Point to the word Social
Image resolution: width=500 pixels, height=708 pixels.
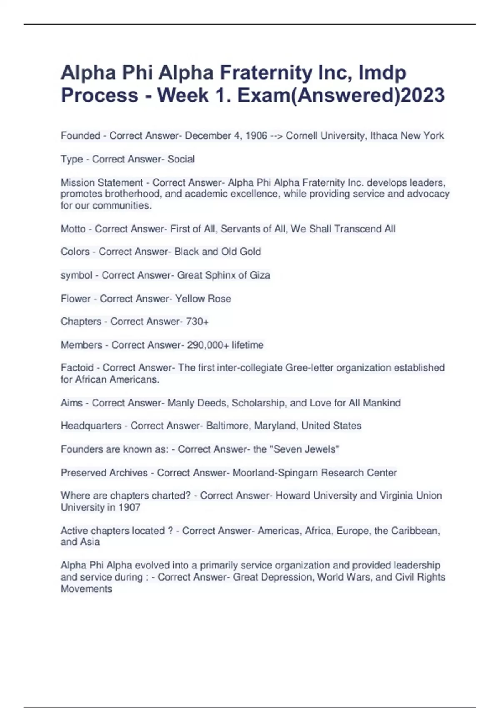click(x=181, y=159)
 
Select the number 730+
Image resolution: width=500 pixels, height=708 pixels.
click(x=197, y=322)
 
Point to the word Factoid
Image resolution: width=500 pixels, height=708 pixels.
click(x=77, y=368)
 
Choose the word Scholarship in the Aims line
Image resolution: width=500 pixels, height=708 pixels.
click(x=258, y=403)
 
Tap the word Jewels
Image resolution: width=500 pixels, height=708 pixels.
click(x=322, y=449)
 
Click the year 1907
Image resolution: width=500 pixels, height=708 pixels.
click(x=129, y=507)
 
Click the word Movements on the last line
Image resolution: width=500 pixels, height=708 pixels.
click(x=86, y=589)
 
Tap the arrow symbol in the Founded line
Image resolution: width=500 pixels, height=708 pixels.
click(x=276, y=136)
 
